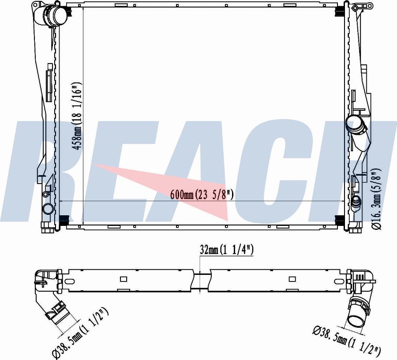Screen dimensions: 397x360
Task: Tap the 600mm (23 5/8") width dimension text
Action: point(202,195)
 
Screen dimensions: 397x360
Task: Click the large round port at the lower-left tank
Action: point(48,209)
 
